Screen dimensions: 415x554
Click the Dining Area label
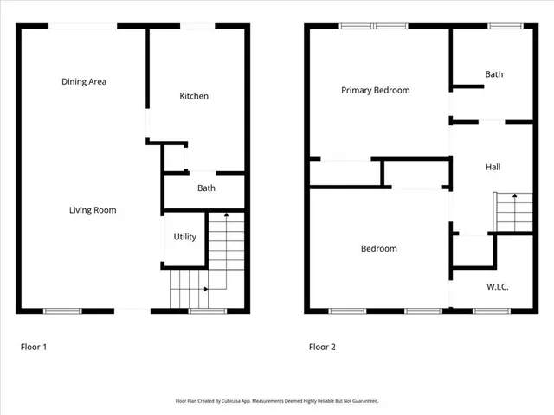[x=84, y=82]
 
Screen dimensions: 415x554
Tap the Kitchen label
[x=194, y=96]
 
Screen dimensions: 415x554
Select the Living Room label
[x=93, y=210]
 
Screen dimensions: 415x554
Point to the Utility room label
[x=185, y=237]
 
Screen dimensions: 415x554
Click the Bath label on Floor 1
[x=206, y=188]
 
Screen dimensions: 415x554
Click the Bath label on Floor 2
[x=493, y=74]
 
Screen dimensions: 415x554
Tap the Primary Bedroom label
[x=375, y=90]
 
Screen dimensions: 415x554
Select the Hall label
[x=493, y=167]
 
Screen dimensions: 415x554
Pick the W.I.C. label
[x=497, y=285]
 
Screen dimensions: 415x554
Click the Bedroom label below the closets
[x=378, y=249]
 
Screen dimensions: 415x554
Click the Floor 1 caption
[x=34, y=347]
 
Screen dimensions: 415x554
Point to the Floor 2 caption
[x=322, y=347]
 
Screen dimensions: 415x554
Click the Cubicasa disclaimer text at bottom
[x=277, y=401]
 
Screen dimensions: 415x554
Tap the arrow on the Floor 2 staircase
[x=514, y=197]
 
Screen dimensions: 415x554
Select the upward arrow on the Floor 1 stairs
[x=225, y=215]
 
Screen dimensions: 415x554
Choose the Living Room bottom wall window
[x=62, y=310]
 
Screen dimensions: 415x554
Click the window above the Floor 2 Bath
[x=499, y=26]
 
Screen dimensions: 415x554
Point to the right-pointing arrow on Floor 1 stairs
[x=204, y=289]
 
